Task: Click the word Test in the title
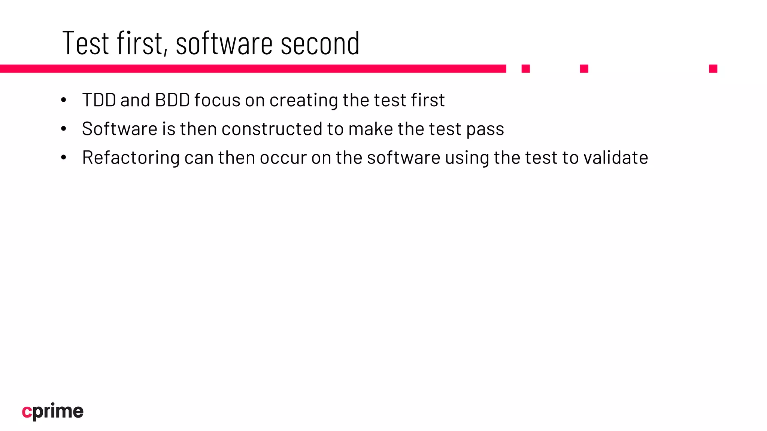[86, 43]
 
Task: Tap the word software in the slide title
[224, 43]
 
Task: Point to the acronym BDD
[172, 100]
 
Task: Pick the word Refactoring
[131, 158]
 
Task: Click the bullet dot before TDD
[64, 100]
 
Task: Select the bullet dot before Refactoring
[64, 158]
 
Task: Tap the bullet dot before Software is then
[64, 129]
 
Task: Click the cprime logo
[53, 412]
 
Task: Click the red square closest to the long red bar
[525, 68]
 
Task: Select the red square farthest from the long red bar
[713, 68]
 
